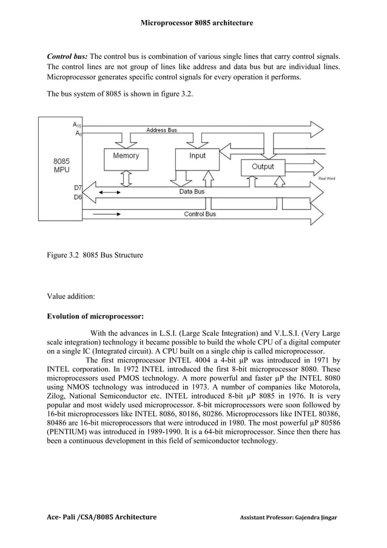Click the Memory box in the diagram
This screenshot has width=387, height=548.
pos(126,157)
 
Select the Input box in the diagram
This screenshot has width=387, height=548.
pos(197,157)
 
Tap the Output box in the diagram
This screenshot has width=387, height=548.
pos(262,167)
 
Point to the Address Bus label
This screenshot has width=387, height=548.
pos(161,130)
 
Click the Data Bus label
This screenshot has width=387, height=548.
pos(192,191)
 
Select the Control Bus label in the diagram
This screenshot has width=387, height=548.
pos(201,214)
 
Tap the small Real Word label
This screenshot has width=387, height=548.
pos(326,179)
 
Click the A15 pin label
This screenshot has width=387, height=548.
pos(77,124)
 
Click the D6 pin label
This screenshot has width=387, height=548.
pos(78,197)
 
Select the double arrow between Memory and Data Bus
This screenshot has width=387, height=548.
pos(126,178)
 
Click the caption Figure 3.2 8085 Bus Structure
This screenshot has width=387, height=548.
pos(95,255)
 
